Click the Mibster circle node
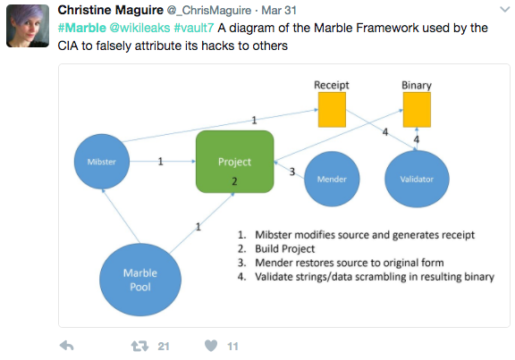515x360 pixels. (102, 162)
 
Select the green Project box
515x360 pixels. (234, 162)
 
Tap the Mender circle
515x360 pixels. (332, 179)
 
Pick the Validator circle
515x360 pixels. (417, 179)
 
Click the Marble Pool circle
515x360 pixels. (140, 280)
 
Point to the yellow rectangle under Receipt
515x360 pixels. (332, 110)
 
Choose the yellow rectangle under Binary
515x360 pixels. (417, 110)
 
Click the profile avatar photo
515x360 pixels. (28, 26)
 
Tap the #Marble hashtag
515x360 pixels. (81, 28)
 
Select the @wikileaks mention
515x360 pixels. (139, 28)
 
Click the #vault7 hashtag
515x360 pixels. (194, 28)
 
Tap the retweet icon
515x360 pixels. (139, 346)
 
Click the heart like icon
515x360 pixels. (211, 346)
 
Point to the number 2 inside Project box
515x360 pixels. (234, 181)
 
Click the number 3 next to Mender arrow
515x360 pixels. (292, 172)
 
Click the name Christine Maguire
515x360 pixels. (110, 10)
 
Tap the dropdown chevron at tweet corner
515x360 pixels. (505, 10)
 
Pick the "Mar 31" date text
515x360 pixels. (279, 11)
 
